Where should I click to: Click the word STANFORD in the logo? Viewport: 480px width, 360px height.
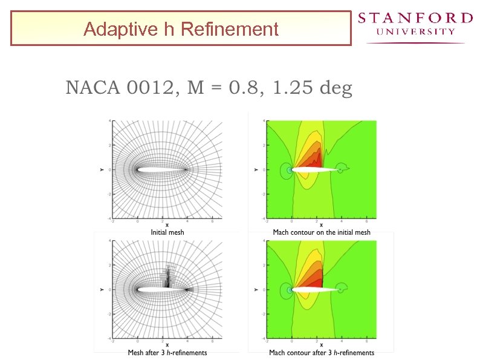pyautogui.click(x=415, y=18)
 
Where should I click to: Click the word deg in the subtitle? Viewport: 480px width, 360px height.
pyautogui.click(x=335, y=88)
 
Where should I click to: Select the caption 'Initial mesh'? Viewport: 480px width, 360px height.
pyautogui.click(x=167, y=232)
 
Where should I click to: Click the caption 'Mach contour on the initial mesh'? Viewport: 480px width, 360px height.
pyautogui.click(x=322, y=232)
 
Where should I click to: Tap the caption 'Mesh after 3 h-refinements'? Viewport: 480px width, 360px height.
pyautogui.click(x=167, y=352)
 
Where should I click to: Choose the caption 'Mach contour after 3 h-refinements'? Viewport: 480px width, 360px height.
pyautogui.click(x=322, y=352)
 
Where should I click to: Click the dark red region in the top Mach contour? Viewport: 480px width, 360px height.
pyautogui.click(x=316, y=160)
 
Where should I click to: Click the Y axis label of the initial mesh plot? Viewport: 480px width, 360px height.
pyautogui.click(x=102, y=170)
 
